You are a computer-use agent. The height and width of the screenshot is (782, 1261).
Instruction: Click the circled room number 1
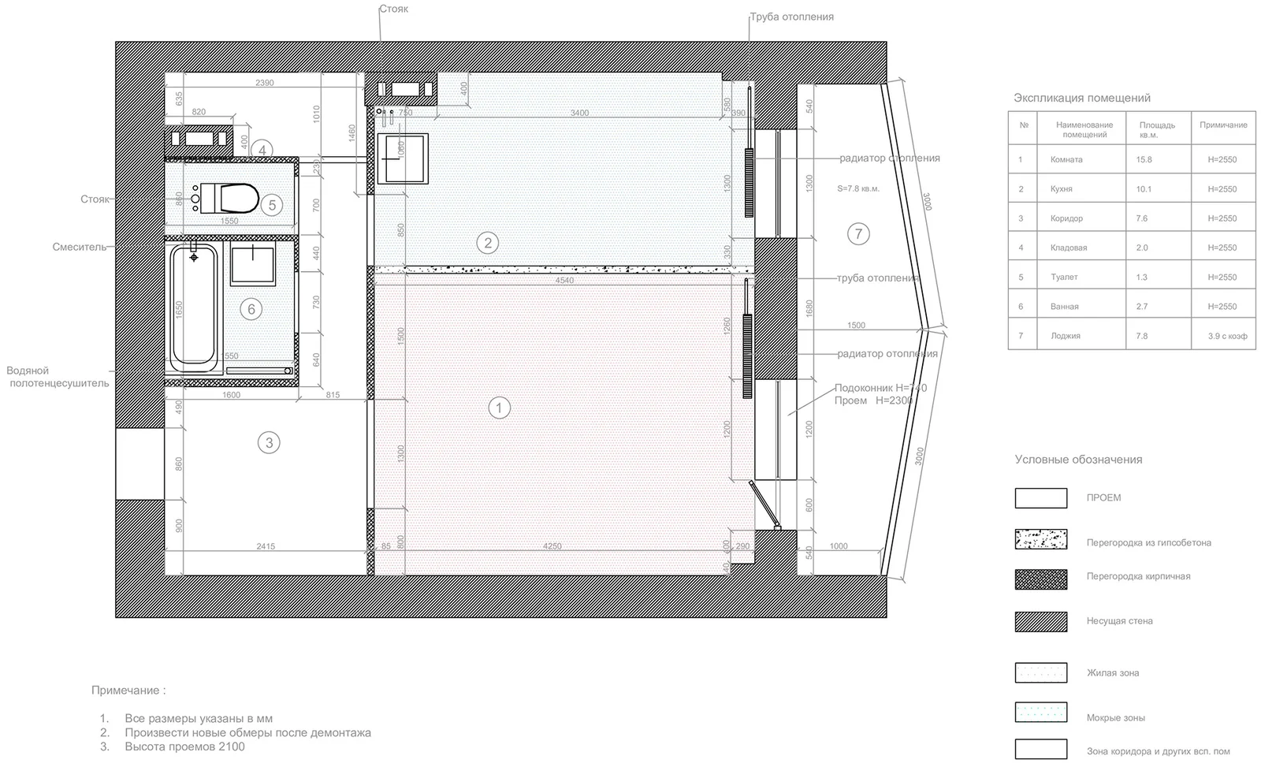tap(499, 408)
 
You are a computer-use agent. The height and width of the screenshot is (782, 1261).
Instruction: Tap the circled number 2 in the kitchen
tap(488, 243)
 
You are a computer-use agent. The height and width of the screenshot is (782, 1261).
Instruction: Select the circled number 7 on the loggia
tap(858, 233)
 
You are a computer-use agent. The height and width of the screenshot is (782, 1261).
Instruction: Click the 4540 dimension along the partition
tap(564, 281)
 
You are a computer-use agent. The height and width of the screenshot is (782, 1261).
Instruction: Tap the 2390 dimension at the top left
tap(265, 83)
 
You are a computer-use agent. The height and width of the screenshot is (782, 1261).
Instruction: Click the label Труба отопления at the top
tap(791, 17)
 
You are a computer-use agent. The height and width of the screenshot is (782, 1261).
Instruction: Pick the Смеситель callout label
tap(79, 247)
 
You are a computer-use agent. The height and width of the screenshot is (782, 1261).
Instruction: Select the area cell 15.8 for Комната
tap(1144, 159)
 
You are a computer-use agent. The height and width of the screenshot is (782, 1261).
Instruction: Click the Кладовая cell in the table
tap(1069, 248)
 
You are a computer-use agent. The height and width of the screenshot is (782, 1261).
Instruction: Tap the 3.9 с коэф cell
tap(1227, 336)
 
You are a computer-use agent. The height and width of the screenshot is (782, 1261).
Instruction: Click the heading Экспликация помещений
tap(1081, 98)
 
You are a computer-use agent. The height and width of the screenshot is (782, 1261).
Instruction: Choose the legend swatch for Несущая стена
tap(1040, 621)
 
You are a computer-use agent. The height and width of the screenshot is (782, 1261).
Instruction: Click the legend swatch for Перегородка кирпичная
tap(1040, 579)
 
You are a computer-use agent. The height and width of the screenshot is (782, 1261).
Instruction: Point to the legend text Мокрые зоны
tap(1115, 718)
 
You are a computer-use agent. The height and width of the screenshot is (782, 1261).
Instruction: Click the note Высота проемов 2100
tap(184, 747)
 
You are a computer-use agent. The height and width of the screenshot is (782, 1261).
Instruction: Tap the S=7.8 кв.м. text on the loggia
tap(858, 189)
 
